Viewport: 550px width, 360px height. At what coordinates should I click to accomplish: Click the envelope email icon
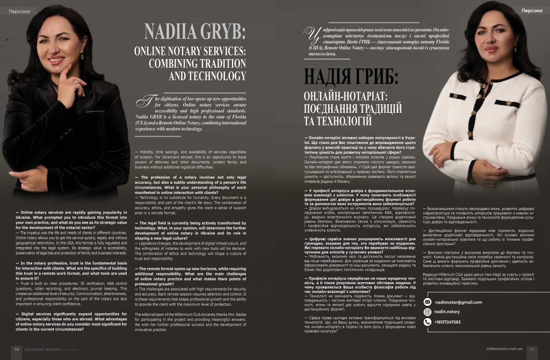[x=428, y=302]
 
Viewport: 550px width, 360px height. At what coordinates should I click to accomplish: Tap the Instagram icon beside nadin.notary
[x=428, y=312]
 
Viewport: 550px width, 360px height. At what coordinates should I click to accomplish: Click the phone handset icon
[x=428, y=322]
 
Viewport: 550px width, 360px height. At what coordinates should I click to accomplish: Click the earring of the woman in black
[x=82, y=55]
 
